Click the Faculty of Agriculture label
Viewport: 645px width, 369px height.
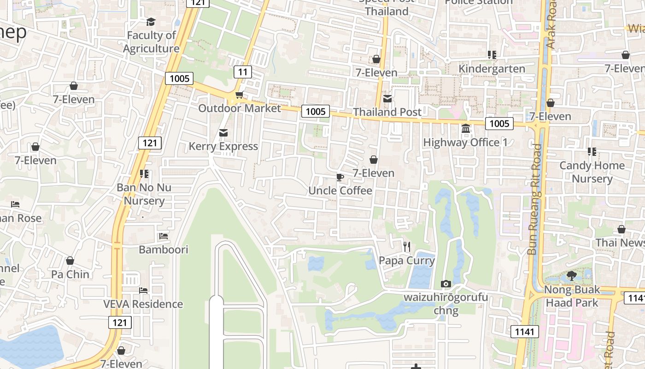point(151,42)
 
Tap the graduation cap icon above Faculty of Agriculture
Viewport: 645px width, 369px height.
point(151,22)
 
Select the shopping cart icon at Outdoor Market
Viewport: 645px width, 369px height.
point(239,95)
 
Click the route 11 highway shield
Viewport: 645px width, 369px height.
point(243,71)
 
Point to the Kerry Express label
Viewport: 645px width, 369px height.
point(223,146)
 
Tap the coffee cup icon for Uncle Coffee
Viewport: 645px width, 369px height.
point(340,177)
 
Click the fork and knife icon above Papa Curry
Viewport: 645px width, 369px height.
point(406,247)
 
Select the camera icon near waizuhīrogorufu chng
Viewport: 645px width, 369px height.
point(446,284)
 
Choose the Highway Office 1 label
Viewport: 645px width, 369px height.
point(465,143)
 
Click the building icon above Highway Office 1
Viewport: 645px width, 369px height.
point(466,128)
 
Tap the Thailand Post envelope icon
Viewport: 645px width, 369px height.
point(387,98)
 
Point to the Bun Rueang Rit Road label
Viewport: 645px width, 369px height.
point(535,199)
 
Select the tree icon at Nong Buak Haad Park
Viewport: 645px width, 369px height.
point(572,276)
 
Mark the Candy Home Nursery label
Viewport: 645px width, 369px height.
point(592,172)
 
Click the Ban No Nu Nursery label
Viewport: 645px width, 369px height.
point(144,194)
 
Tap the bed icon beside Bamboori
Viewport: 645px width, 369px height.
point(164,236)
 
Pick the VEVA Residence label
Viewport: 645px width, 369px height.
point(143,304)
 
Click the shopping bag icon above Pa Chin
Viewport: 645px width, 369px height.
point(70,261)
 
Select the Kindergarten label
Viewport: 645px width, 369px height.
point(492,69)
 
